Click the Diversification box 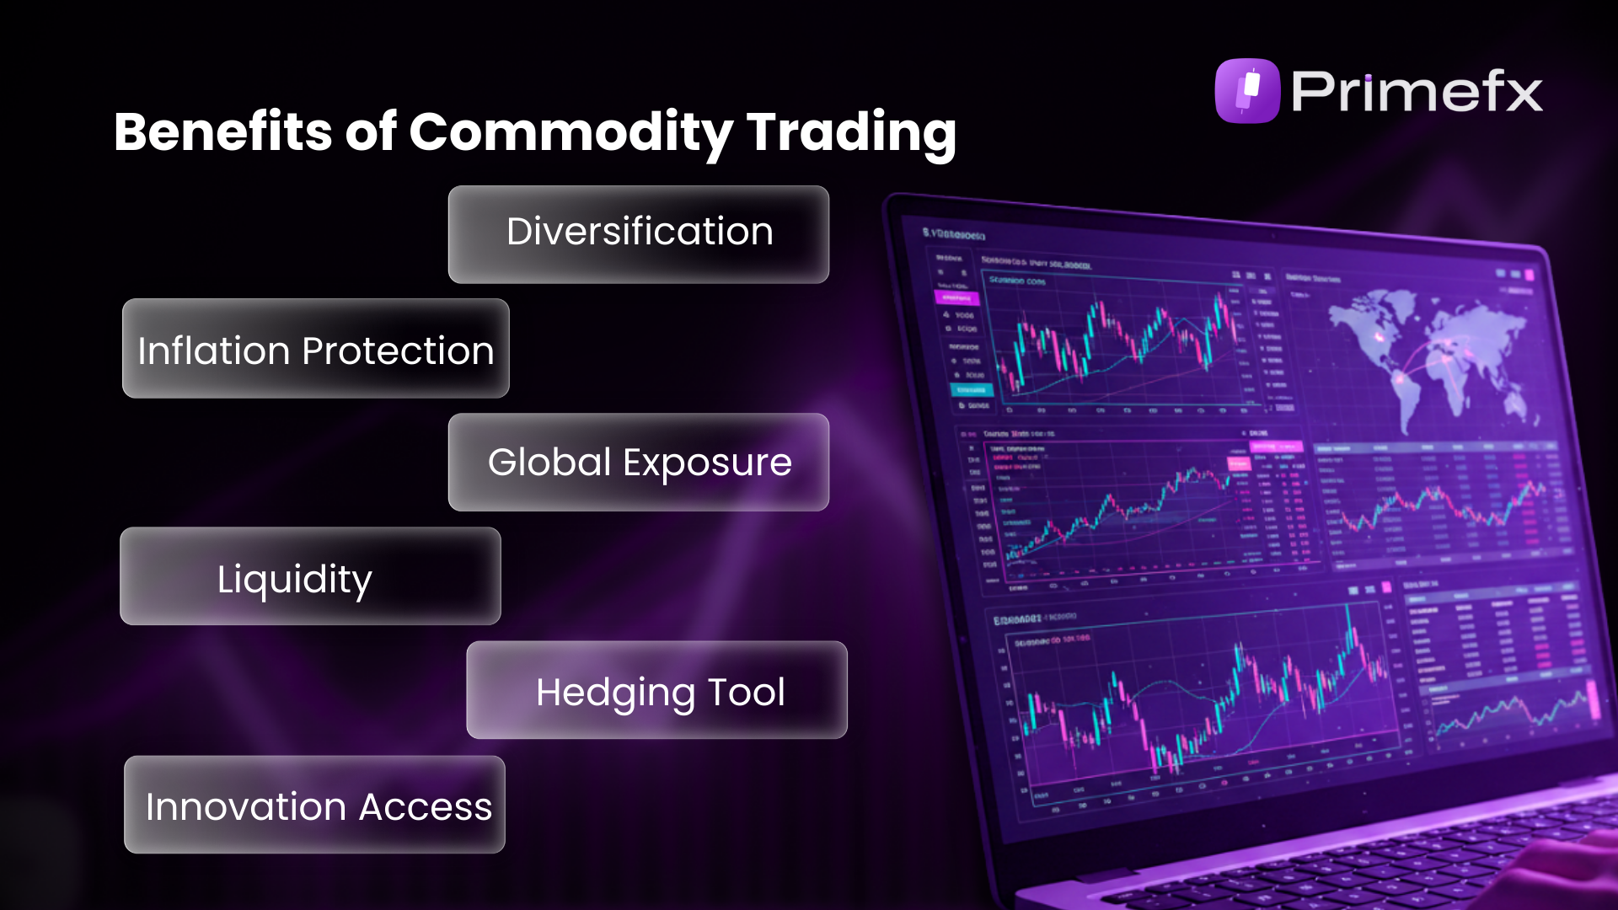click(639, 234)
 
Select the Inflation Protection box click(315, 349)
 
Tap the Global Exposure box click(639, 462)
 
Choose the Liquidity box click(310, 576)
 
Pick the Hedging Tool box click(656, 690)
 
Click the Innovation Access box click(314, 805)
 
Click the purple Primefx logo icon click(1247, 91)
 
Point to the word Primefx click(1417, 91)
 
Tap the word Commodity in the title click(571, 134)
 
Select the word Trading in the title click(851, 134)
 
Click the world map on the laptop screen click(1433, 354)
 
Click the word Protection click(398, 351)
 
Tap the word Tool click(746, 692)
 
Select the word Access click(425, 806)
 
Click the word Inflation click(214, 351)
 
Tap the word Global click(549, 462)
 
